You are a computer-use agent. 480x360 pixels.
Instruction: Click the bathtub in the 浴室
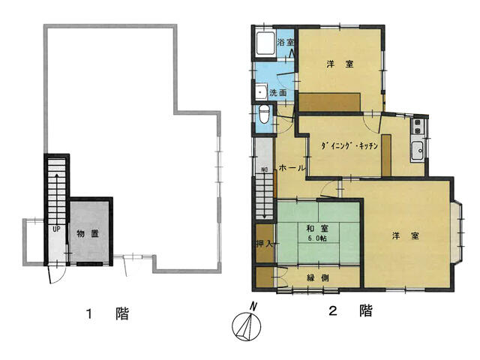point(265,43)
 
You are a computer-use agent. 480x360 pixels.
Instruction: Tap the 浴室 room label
point(286,42)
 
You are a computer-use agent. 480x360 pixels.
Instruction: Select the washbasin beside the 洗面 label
point(261,91)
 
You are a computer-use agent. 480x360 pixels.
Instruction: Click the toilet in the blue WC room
point(264,113)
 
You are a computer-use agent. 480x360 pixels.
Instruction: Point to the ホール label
point(292,168)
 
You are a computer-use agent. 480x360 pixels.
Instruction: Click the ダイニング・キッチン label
point(349,145)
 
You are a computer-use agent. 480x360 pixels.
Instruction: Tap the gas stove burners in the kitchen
point(417,127)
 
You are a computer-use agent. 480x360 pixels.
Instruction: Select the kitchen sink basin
point(417,151)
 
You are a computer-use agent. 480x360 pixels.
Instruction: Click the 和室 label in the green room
point(317,228)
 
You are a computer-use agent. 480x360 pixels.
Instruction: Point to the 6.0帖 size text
point(317,238)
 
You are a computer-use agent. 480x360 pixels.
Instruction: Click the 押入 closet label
point(264,244)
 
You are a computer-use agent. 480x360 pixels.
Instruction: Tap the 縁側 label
point(318,277)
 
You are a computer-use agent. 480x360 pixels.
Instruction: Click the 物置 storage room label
point(88,234)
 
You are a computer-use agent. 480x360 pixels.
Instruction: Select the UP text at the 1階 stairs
point(56,229)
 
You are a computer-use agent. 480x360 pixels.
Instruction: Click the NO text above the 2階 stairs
point(264,169)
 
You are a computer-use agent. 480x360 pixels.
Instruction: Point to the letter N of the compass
point(253,306)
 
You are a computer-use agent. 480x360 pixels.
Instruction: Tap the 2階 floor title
point(350,311)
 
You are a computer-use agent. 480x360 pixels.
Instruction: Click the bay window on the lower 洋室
point(457,232)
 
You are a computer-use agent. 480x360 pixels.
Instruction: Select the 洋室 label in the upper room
point(340,64)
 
